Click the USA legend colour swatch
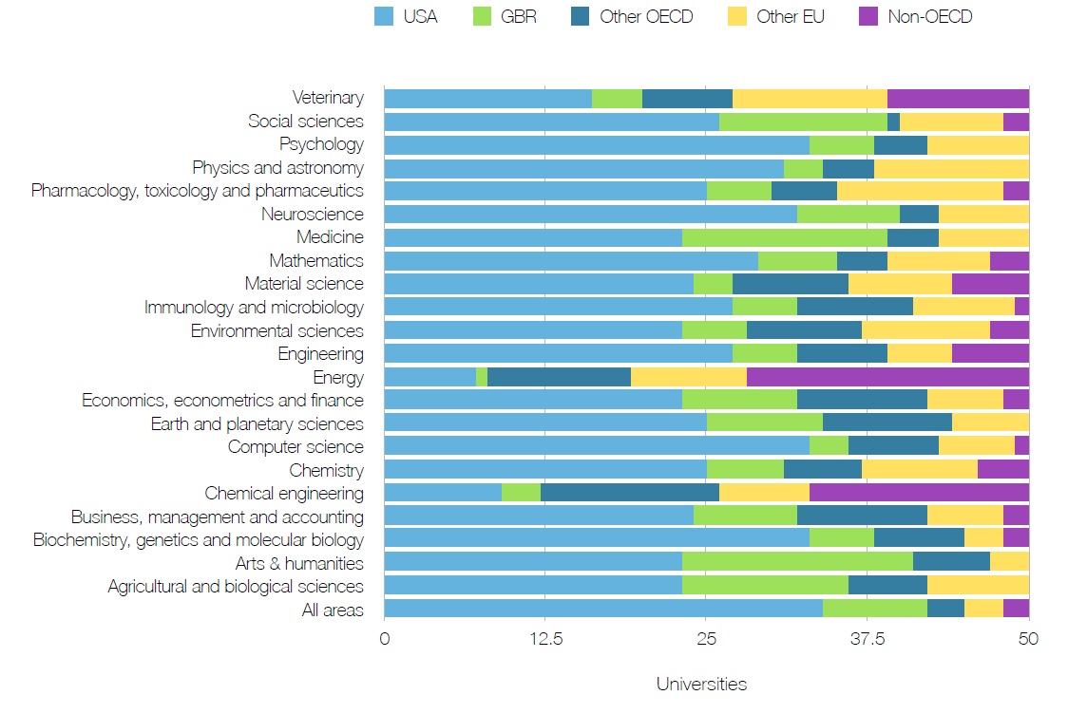point(385,16)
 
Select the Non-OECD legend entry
point(929,16)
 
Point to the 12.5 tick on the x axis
point(545,638)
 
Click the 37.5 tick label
point(867,638)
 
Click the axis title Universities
point(701,684)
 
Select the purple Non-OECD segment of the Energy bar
point(887,377)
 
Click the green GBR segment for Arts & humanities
point(796,563)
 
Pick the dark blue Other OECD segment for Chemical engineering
point(629,493)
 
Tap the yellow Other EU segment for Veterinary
point(810,98)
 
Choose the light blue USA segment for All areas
point(602,610)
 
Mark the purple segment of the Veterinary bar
point(958,98)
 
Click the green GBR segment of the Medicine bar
point(784,237)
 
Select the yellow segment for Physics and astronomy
point(951,168)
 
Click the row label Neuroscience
point(313,215)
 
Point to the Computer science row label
point(296,446)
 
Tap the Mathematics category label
point(316,260)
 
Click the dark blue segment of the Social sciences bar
point(893,122)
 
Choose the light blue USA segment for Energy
point(429,377)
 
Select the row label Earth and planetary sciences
point(257,423)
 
